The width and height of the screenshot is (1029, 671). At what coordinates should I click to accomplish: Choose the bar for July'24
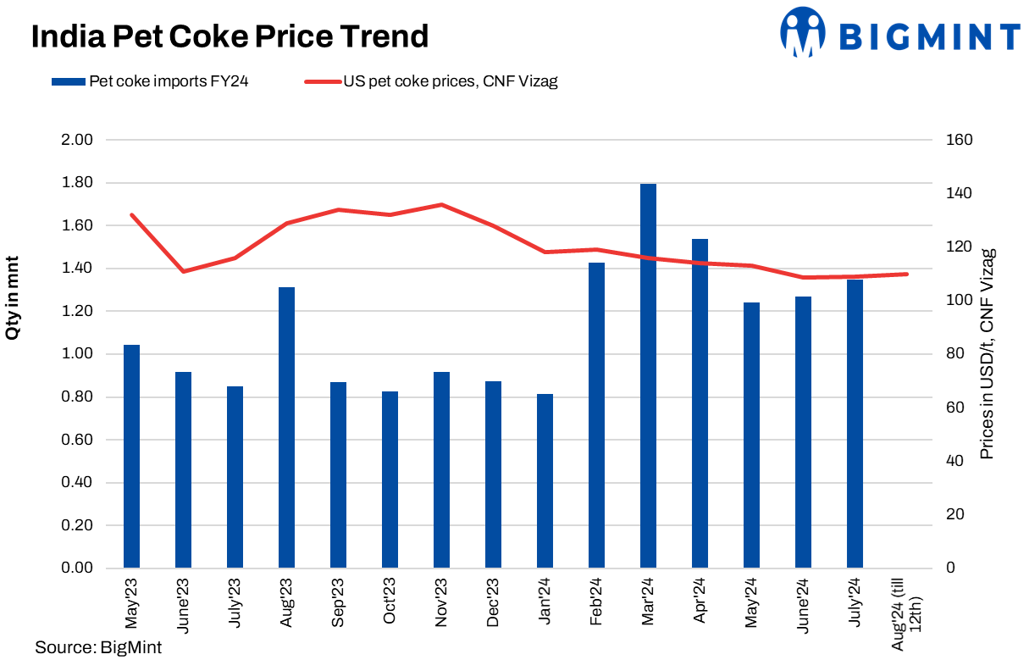(x=855, y=423)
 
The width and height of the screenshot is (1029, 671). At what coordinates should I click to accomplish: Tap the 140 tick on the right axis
(x=960, y=194)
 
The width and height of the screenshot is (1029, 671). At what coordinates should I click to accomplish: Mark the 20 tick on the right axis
(x=955, y=514)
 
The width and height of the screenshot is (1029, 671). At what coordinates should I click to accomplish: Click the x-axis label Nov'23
(x=441, y=602)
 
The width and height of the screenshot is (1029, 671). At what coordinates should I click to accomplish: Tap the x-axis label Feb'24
(x=596, y=602)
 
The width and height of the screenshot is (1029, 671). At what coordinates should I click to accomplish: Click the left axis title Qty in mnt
(x=14, y=297)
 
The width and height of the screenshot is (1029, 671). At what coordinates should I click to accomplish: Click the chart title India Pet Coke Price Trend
(x=230, y=37)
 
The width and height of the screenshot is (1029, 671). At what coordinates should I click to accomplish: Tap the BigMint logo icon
(x=802, y=32)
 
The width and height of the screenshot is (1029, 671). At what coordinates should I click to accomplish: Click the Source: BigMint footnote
(x=98, y=648)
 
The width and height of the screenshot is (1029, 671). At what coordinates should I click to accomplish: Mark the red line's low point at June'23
(x=183, y=271)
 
